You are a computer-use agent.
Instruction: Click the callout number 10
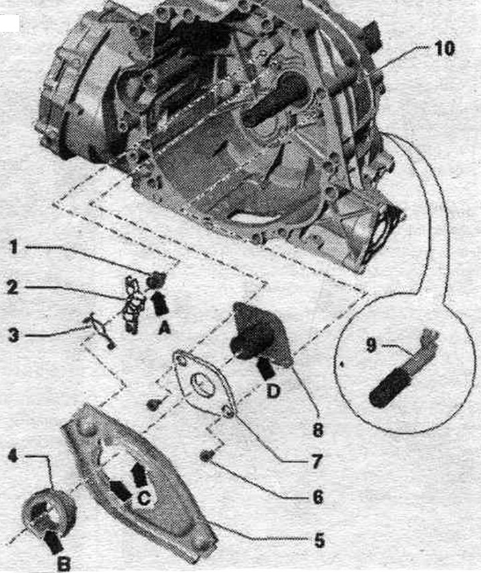[444, 49]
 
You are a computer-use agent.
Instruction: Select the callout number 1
[13, 247]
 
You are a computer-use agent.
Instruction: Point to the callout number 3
[13, 335]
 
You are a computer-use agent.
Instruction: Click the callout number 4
[13, 457]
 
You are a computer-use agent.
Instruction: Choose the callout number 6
[317, 497]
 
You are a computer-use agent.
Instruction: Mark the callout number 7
[317, 461]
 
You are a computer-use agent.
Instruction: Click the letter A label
[164, 329]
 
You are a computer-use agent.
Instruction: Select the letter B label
[64, 564]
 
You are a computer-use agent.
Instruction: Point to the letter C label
[144, 498]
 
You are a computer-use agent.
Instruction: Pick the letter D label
[273, 391]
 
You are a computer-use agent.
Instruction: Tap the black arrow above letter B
[52, 540]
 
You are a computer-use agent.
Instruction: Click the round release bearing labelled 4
[49, 511]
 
